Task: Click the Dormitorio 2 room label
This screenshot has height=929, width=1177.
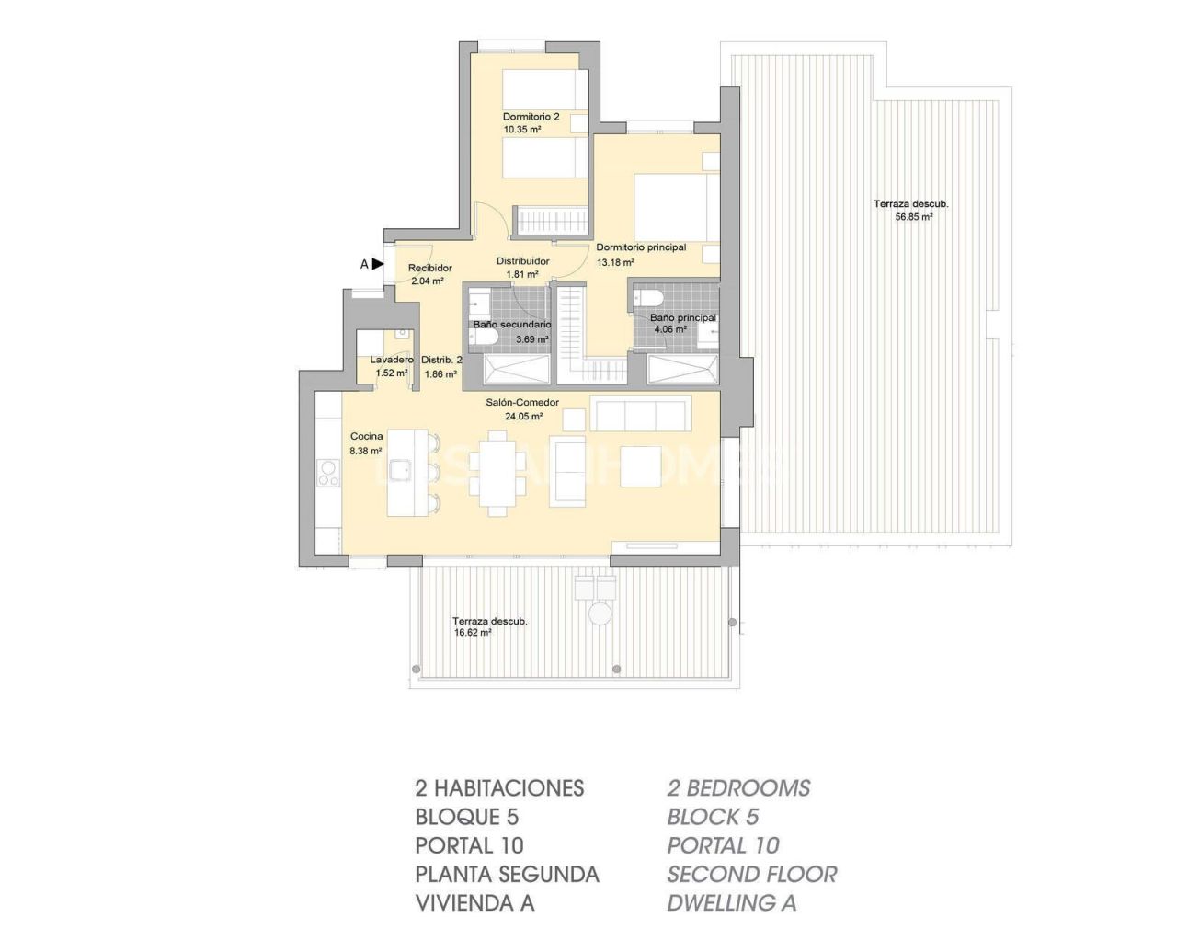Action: (x=531, y=117)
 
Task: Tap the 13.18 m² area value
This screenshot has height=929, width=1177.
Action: (x=615, y=263)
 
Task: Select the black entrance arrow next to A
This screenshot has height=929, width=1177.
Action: (x=378, y=264)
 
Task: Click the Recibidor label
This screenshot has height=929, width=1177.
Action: (x=430, y=269)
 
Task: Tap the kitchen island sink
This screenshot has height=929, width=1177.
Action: (x=398, y=471)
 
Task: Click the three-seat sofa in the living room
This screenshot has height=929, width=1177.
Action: (x=641, y=414)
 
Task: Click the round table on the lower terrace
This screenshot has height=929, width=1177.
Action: (x=600, y=614)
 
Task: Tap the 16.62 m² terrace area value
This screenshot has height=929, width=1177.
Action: (x=473, y=633)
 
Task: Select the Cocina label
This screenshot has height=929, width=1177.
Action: (x=366, y=437)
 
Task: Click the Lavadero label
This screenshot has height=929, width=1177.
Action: (x=392, y=360)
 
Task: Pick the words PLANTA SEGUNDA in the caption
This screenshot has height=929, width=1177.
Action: (x=507, y=874)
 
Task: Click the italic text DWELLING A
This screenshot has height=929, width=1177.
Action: (x=731, y=903)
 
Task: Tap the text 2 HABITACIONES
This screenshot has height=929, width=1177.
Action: (x=499, y=788)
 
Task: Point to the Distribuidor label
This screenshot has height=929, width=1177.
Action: (x=522, y=261)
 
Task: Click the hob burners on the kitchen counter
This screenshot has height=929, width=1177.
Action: (x=328, y=475)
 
